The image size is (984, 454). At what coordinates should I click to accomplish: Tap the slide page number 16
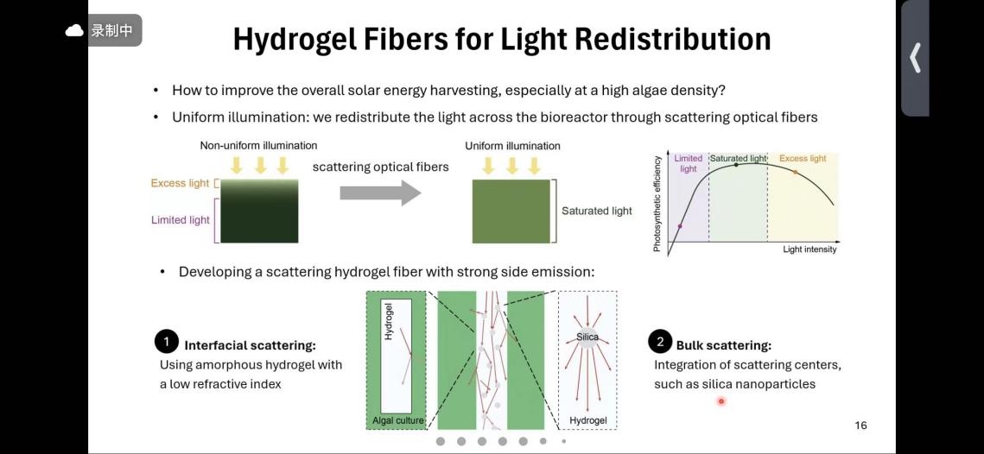(860, 426)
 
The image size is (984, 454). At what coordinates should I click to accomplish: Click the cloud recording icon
(75, 31)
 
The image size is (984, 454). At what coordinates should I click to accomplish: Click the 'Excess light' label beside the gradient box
(180, 183)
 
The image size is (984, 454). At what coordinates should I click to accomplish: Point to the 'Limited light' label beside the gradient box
(180, 220)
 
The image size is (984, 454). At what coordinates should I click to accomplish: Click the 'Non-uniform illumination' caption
(258, 146)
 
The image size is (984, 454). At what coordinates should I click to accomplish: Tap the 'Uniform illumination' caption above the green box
(512, 146)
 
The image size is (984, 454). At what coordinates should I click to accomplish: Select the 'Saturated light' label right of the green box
(596, 211)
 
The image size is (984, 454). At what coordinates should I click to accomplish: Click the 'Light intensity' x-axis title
(809, 249)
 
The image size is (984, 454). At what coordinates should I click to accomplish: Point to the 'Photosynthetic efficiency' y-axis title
(658, 204)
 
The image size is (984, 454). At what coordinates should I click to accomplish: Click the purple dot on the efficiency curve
(680, 226)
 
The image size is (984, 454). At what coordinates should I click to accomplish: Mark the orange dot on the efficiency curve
(796, 173)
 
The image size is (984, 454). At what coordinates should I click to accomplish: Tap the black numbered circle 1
(166, 342)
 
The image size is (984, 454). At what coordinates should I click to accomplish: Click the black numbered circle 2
(660, 342)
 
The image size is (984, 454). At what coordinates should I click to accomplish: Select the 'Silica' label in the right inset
(587, 337)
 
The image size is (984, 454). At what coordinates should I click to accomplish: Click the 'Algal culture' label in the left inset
(397, 420)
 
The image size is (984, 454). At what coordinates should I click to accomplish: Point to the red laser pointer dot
(721, 400)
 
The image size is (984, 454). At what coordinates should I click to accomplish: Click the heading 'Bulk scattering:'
(723, 345)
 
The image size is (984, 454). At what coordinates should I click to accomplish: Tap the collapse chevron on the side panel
(915, 59)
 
